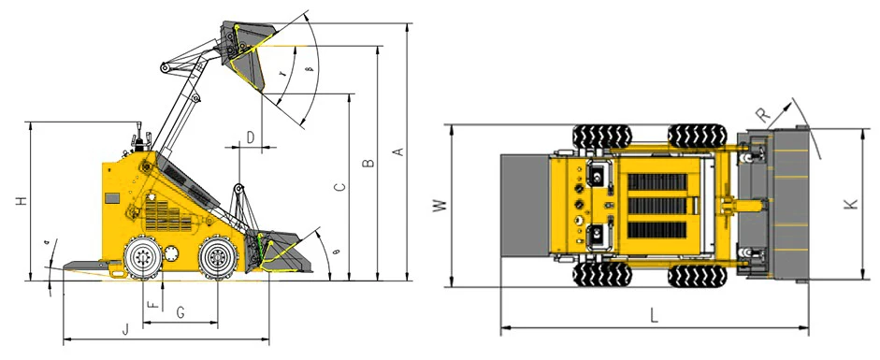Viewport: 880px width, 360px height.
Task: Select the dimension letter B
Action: tap(368, 163)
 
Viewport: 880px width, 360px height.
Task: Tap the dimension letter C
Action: tap(340, 187)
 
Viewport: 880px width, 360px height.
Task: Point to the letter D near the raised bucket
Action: tap(250, 137)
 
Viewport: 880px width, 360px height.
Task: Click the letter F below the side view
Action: tap(153, 303)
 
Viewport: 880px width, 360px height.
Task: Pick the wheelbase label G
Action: tap(180, 311)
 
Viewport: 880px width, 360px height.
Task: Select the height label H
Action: tap(20, 199)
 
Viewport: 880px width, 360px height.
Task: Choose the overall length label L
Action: tap(654, 315)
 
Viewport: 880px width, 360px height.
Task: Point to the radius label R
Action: tap(764, 115)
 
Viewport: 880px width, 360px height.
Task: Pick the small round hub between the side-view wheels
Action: tap(173, 252)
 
